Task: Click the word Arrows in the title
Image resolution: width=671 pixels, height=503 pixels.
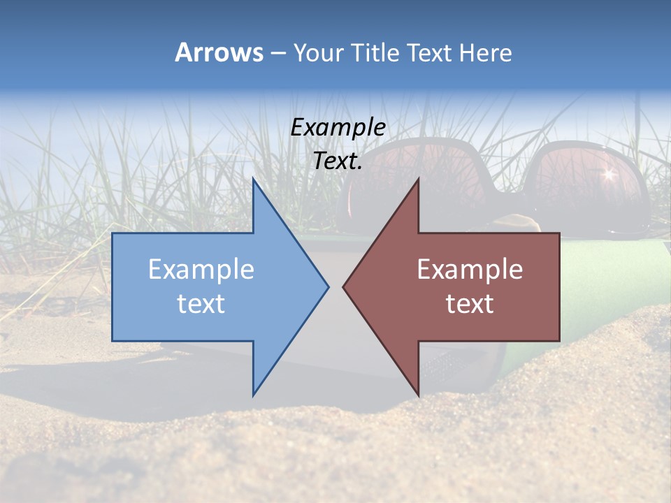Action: (x=218, y=52)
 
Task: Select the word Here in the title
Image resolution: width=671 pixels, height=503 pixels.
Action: (x=486, y=52)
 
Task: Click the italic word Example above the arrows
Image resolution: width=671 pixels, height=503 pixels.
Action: (x=338, y=128)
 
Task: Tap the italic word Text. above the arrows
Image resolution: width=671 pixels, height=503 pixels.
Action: (x=338, y=161)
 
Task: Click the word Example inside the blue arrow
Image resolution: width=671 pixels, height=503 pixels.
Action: (x=201, y=270)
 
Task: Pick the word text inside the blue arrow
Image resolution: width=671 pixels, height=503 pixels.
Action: (x=201, y=304)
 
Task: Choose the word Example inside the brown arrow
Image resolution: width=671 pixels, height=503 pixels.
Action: (x=470, y=270)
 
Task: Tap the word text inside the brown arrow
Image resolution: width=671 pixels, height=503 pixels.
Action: (x=470, y=304)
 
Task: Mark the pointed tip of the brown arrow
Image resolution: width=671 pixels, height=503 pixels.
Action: (x=345, y=286)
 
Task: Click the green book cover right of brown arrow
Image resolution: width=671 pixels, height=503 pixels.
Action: (x=594, y=293)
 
